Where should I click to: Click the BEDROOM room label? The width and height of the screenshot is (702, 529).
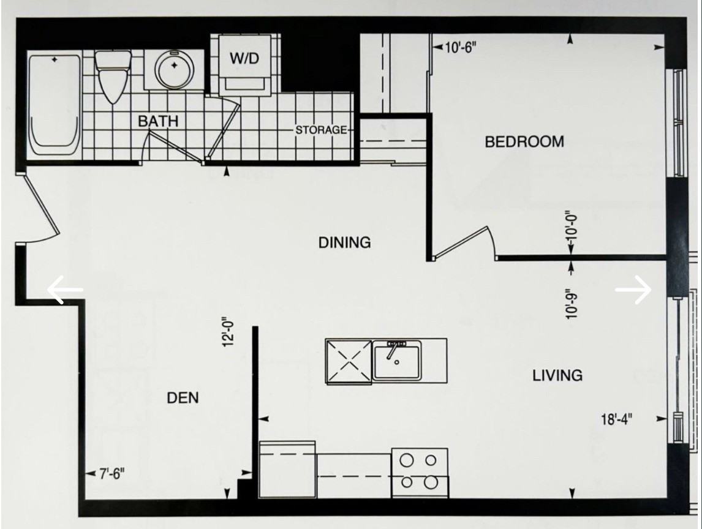524,142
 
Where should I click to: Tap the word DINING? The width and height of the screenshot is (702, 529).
344,242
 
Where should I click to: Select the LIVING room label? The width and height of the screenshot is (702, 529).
557,375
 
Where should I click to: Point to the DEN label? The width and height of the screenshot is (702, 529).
183,398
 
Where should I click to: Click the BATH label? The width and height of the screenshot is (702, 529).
158,121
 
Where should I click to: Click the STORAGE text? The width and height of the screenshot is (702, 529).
321,130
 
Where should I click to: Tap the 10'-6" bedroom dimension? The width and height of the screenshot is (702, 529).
459,47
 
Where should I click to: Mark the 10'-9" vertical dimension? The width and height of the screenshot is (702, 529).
572,303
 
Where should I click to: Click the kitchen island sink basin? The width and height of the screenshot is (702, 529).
397,361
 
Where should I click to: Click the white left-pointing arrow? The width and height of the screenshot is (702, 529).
65,290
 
